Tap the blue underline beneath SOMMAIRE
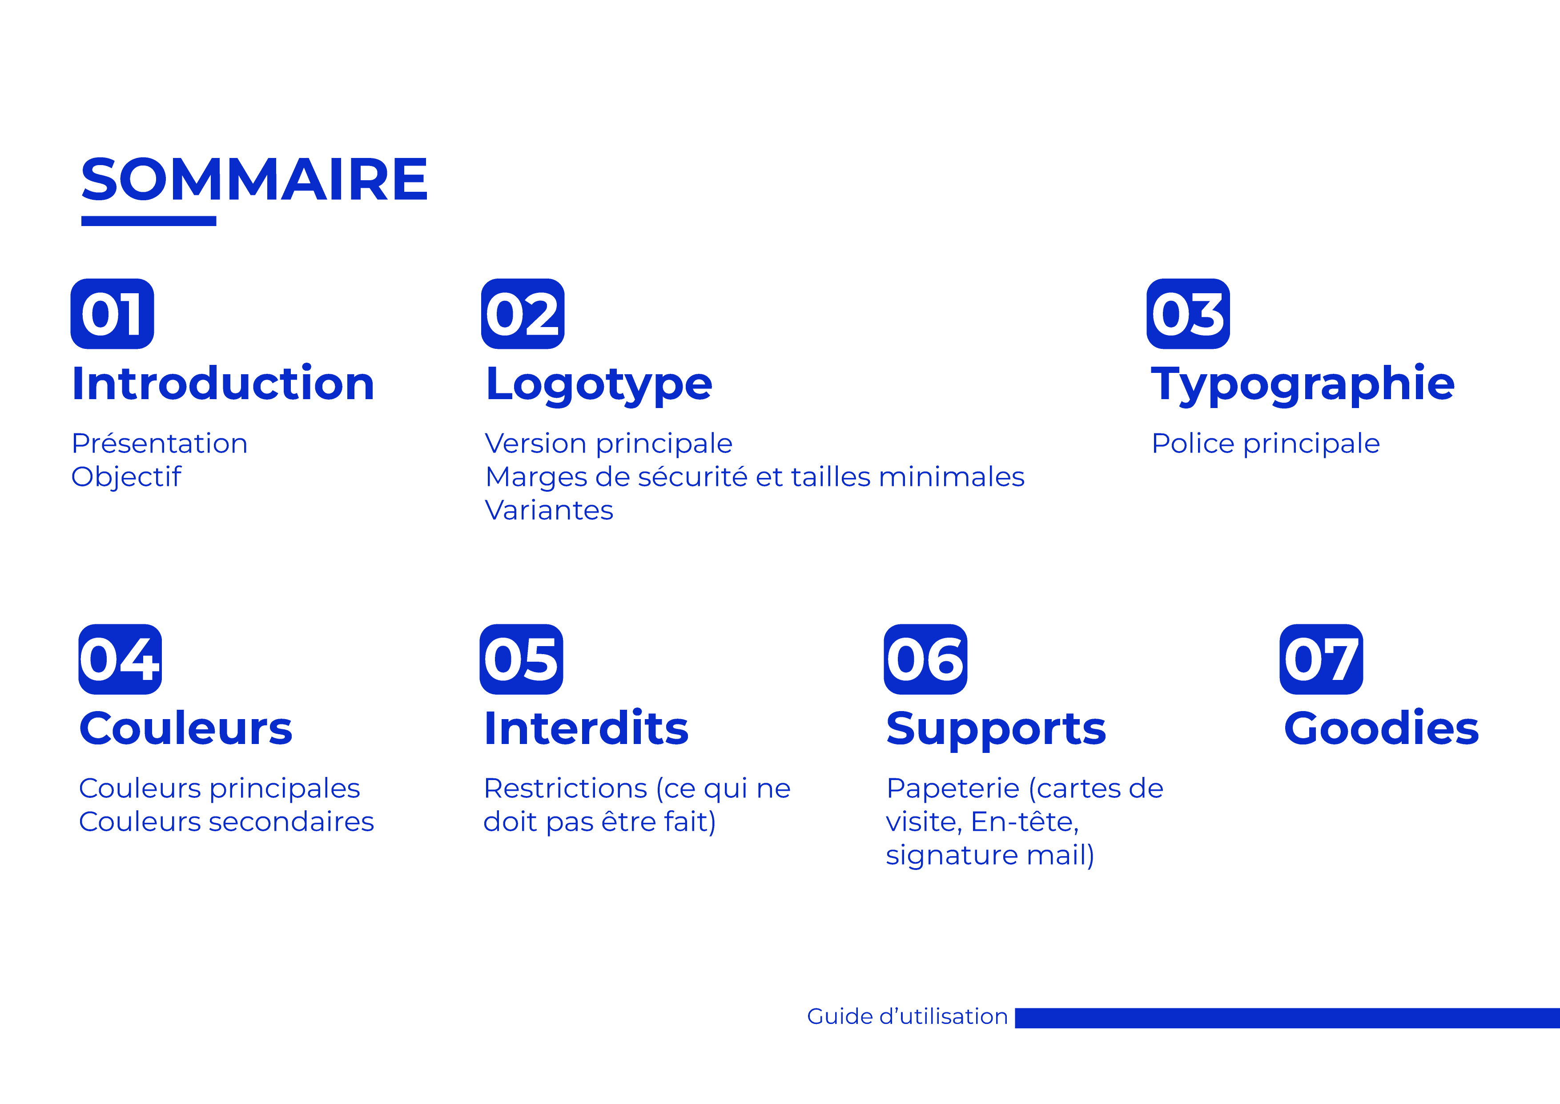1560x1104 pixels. pyautogui.click(x=149, y=221)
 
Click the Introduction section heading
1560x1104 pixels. pyautogui.click(x=223, y=384)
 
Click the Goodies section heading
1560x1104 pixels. pyautogui.click(x=1381, y=729)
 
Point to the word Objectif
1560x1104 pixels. pyautogui.click(x=126, y=477)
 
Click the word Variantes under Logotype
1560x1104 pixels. pyautogui.click(x=549, y=510)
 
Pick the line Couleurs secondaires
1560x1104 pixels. pyautogui.click(x=226, y=822)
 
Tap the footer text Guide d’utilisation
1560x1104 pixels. pyautogui.click(x=907, y=1016)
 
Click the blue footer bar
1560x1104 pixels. pyautogui.click(x=1287, y=1018)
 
